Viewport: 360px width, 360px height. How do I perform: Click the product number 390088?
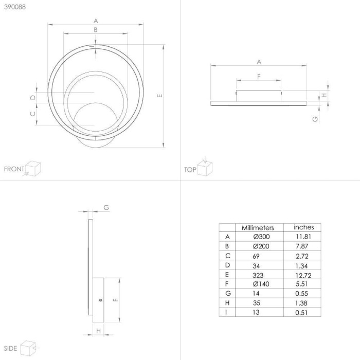coord(15,7)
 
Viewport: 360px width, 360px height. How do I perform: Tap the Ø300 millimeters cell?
coord(261,237)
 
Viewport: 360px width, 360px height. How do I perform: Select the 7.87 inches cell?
coord(302,246)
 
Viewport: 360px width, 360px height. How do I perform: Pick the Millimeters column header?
coord(258,227)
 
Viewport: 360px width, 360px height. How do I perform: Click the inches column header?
coord(303,227)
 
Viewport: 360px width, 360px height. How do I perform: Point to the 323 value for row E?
coord(258,275)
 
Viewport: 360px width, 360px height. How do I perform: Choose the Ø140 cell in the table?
coord(261,284)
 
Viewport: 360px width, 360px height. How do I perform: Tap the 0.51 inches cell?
coord(301,313)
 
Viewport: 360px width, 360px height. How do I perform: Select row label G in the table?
coord(228,293)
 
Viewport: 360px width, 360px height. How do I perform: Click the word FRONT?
coord(14,169)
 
